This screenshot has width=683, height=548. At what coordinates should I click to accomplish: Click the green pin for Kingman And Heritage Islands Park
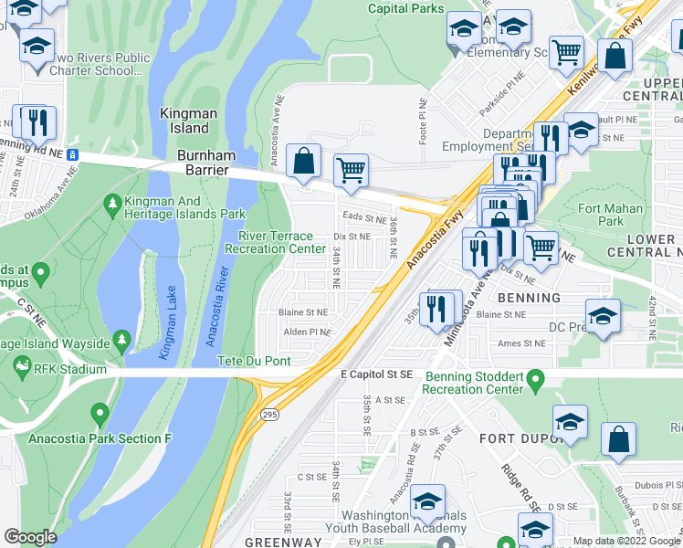coord(112,201)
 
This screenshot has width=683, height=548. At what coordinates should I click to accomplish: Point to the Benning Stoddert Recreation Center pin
coord(536,377)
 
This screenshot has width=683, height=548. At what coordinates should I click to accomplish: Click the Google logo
coord(31,537)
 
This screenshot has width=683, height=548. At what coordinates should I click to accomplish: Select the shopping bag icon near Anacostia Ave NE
coord(303,162)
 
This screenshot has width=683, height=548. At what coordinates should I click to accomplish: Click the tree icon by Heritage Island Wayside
coord(121,340)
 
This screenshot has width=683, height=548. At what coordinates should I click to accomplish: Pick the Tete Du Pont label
coord(254,361)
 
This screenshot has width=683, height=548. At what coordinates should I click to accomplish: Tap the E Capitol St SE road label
coord(377,374)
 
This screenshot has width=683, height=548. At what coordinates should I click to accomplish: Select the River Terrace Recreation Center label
coord(275,242)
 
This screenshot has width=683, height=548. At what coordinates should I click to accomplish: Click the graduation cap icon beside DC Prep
coord(603,316)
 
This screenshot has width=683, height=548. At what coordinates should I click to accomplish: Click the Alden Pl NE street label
coord(306,332)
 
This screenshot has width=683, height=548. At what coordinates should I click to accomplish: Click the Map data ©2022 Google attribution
coord(626,541)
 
